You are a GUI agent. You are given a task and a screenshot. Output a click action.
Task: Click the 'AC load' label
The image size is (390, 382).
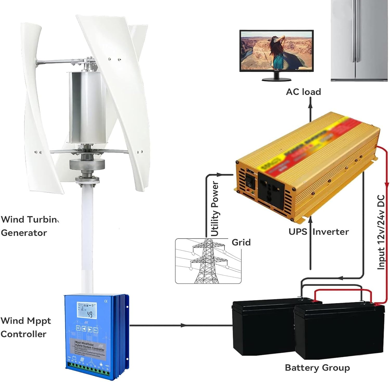click(303, 92)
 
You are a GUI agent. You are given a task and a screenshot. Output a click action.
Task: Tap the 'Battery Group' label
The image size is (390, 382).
click(317, 368)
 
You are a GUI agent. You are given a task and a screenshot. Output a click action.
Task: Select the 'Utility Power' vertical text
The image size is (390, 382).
click(215, 209)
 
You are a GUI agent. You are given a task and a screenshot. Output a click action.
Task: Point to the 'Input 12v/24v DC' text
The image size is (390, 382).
click(381, 232)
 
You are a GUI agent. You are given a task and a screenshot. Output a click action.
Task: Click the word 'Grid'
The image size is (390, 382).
click(241, 242)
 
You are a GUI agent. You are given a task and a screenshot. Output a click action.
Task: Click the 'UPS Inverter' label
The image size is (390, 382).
click(318, 232)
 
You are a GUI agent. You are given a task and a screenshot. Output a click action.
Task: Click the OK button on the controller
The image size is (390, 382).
click(78, 328)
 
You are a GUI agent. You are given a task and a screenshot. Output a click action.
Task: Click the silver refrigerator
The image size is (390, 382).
click(360, 40)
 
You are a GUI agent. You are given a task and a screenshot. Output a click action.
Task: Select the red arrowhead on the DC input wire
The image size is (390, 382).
click(387, 185)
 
